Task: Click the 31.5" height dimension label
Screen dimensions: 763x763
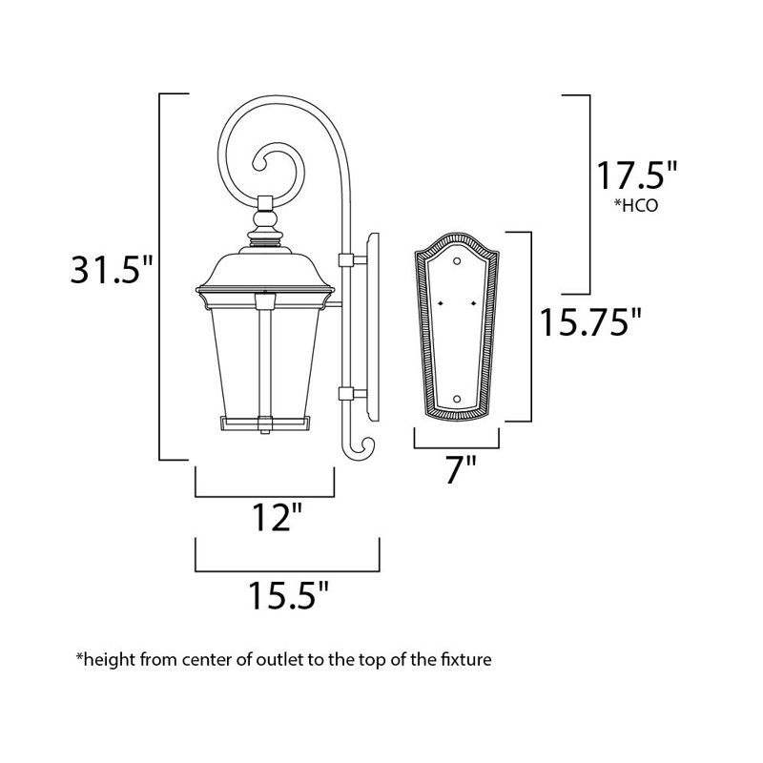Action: [112, 269]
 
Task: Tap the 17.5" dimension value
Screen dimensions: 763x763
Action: [636, 175]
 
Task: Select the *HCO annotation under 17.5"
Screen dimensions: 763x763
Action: [635, 205]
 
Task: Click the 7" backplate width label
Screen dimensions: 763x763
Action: [460, 469]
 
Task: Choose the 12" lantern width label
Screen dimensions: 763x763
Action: [277, 517]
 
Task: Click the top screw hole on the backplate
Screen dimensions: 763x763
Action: [457, 261]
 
